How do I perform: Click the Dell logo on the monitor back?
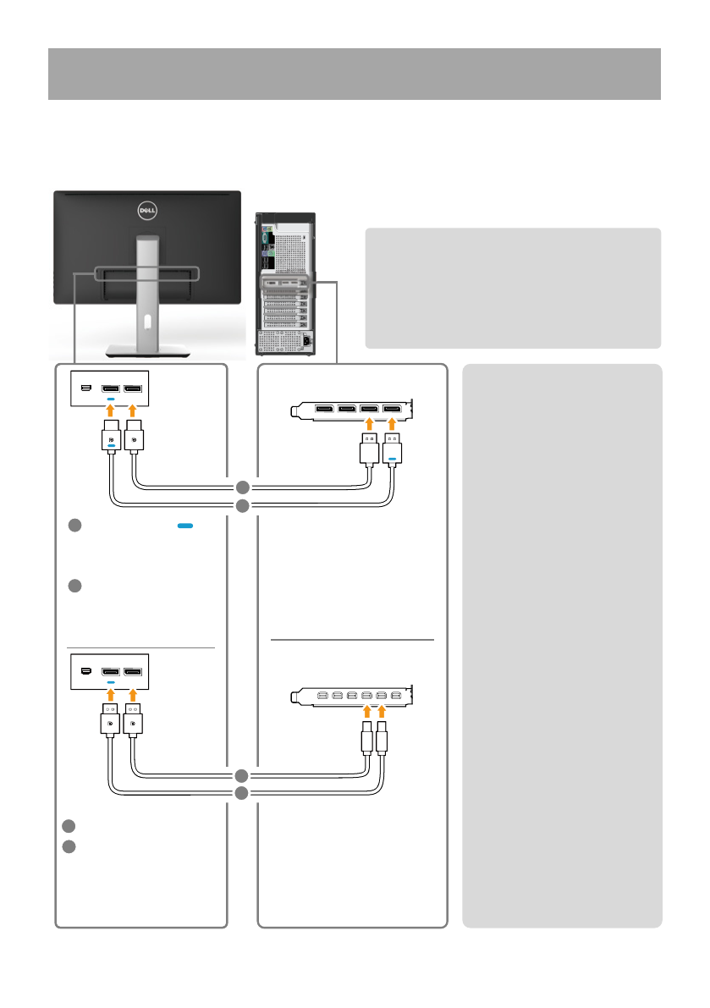click(x=148, y=209)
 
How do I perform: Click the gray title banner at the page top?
click(x=354, y=74)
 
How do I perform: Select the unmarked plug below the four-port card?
click(x=369, y=449)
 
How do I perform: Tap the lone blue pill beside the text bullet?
click(x=184, y=526)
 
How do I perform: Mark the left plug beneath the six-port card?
click(x=366, y=740)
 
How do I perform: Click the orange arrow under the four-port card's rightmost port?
click(x=391, y=426)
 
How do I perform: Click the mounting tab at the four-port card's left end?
click(x=297, y=412)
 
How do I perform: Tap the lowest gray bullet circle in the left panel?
click(x=69, y=846)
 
